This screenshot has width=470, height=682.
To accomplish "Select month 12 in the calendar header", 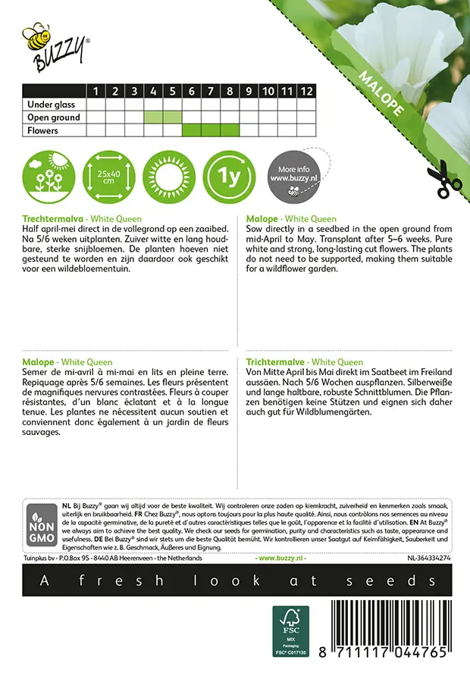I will (305, 92).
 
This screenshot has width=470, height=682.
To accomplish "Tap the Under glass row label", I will (49, 105).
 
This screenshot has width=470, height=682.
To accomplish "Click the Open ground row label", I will (53, 117).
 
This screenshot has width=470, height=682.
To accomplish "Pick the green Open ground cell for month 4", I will (153, 117).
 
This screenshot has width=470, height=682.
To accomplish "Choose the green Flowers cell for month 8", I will (230, 130).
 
